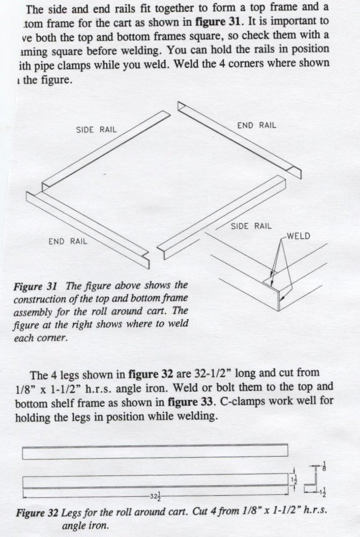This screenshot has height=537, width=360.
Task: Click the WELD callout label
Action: (x=298, y=235)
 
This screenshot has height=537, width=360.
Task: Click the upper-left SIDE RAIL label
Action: (x=96, y=130)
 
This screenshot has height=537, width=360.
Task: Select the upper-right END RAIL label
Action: (x=257, y=126)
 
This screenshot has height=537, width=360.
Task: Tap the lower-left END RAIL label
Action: (x=68, y=241)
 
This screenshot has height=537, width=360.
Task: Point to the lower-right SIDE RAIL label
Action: (x=251, y=226)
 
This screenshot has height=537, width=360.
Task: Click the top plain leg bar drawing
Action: (x=155, y=452)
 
